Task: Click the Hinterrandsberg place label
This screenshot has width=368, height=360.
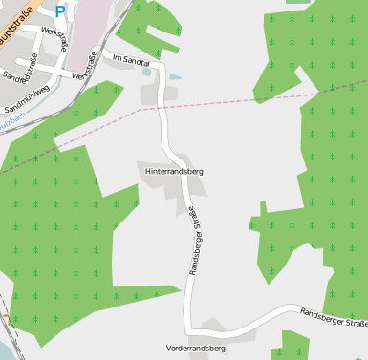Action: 174,171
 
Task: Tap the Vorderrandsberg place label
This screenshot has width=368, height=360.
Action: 195,349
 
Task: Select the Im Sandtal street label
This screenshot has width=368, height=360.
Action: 132,59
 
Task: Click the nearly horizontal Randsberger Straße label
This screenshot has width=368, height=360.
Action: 334,318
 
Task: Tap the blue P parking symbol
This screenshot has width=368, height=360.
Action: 60,11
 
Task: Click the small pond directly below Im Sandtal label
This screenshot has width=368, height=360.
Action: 146,71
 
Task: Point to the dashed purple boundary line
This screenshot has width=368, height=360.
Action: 239,101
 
